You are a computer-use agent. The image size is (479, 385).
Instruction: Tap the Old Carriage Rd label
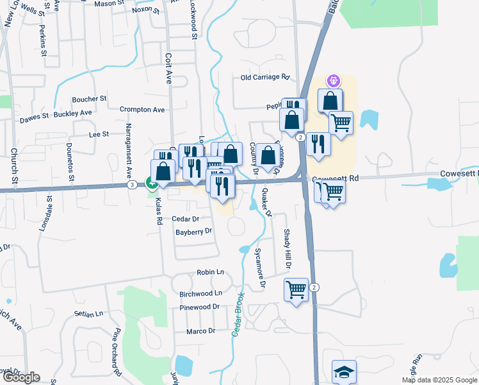(x=265, y=78)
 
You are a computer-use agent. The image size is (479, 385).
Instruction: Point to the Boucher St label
(x=89, y=99)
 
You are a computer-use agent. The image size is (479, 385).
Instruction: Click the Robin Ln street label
(x=210, y=273)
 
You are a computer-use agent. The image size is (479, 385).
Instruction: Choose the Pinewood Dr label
(x=199, y=307)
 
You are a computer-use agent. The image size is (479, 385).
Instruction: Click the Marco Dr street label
(x=200, y=331)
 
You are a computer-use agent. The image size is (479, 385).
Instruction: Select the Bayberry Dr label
(x=193, y=232)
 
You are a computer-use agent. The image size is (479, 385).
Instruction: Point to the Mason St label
(x=109, y=4)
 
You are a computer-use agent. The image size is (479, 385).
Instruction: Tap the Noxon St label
(x=145, y=10)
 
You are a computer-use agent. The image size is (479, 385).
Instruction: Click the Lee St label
(x=99, y=135)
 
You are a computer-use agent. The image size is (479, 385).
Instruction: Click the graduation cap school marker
(x=344, y=372)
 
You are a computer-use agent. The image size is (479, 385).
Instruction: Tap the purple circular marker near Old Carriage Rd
(x=333, y=81)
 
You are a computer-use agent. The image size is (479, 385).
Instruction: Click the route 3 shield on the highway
(x=131, y=185)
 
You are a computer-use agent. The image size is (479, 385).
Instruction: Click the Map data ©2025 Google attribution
(x=439, y=380)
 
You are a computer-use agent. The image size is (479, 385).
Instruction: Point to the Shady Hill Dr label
(x=288, y=250)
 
